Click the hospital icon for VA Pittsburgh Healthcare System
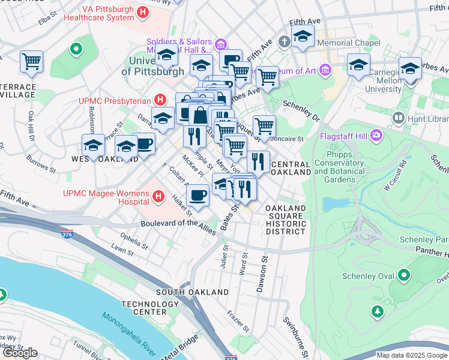143,11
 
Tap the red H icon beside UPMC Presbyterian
160,100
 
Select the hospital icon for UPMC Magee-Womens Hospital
158,196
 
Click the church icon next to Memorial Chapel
285,43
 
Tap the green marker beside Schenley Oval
403,275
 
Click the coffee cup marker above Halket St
198,194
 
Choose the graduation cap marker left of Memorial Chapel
303,37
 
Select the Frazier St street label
238,322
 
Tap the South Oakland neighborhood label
192,292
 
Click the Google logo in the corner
19,353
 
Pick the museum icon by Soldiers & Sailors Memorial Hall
220,43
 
